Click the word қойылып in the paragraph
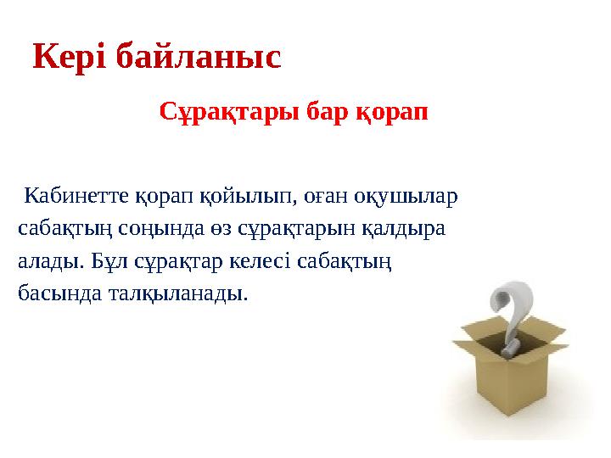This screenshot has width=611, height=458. click(x=253, y=198)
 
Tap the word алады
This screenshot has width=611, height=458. click(x=49, y=261)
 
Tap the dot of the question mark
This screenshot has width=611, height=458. click(x=510, y=349)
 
